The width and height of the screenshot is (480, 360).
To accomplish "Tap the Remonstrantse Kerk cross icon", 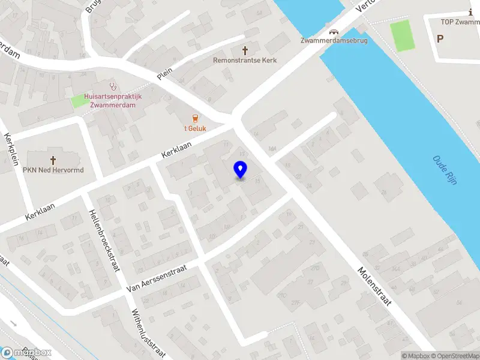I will (245, 50).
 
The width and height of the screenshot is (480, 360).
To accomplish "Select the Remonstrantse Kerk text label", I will (245, 60).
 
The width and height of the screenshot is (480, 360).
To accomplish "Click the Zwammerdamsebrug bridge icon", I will (333, 32).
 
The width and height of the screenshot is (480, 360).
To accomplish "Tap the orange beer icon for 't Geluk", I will (194, 118).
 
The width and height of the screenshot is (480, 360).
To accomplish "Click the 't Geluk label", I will (194, 127).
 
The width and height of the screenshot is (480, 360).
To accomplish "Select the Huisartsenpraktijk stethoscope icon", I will (111, 87).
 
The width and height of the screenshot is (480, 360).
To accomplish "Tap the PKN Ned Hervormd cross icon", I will (53, 160).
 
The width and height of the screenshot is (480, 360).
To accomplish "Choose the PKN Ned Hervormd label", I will (53, 170).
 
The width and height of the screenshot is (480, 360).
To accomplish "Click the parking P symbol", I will (440, 38).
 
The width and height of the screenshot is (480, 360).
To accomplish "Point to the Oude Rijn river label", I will (445, 170).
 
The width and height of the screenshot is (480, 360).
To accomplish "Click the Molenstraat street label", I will (374, 287).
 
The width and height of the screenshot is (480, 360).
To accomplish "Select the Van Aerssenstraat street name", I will (157, 280).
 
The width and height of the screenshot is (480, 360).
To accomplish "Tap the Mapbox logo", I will (26, 353).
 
